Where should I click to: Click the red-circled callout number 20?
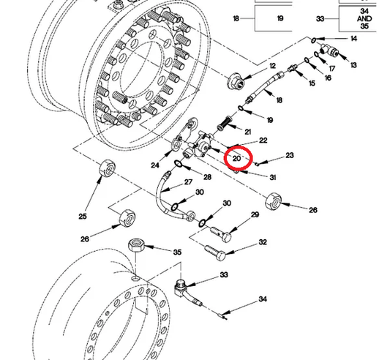point(236,158)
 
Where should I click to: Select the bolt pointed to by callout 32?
point(215,252)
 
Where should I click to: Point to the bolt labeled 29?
point(221,234)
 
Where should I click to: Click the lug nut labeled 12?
point(236,80)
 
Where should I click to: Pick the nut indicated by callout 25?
point(108,167)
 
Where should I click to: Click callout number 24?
point(155,165)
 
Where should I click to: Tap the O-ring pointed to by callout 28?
point(178,164)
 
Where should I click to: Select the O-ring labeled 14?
point(314,40)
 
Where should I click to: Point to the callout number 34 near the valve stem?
point(263,299)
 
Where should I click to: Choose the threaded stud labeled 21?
point(224,124)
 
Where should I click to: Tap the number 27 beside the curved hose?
point(188,182)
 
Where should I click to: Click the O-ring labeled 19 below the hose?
point(241,108)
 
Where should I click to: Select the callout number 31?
point(273,177)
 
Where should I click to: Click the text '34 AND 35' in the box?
point(364,18)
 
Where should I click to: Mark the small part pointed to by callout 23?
point(257,164)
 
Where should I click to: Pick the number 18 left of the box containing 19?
point(236,18)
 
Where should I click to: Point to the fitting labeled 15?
point(293,67)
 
